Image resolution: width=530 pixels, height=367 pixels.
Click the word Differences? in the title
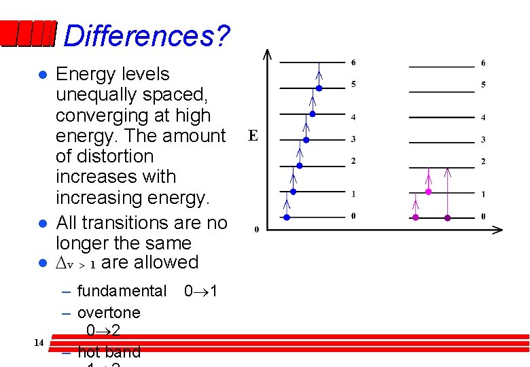point(146,35)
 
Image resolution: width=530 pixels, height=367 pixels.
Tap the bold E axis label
point(253,136)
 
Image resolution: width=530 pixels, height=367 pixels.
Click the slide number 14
point(39,343)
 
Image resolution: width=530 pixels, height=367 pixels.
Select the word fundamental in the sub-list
point(122,292)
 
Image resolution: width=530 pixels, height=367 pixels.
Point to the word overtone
point(109,313)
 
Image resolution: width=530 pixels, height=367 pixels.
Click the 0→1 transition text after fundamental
point(201,292)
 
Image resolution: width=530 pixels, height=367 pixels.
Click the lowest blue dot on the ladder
point(287,217)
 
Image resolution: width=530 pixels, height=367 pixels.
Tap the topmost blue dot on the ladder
point(319,88)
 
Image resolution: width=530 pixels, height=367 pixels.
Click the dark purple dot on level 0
point(447,217)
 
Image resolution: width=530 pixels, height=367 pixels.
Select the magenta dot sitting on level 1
point(428,192)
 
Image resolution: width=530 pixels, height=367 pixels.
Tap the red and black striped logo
point(27,34)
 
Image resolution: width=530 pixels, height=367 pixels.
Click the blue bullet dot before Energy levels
point(42,74)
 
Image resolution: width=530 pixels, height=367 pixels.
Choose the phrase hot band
point(109,352)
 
